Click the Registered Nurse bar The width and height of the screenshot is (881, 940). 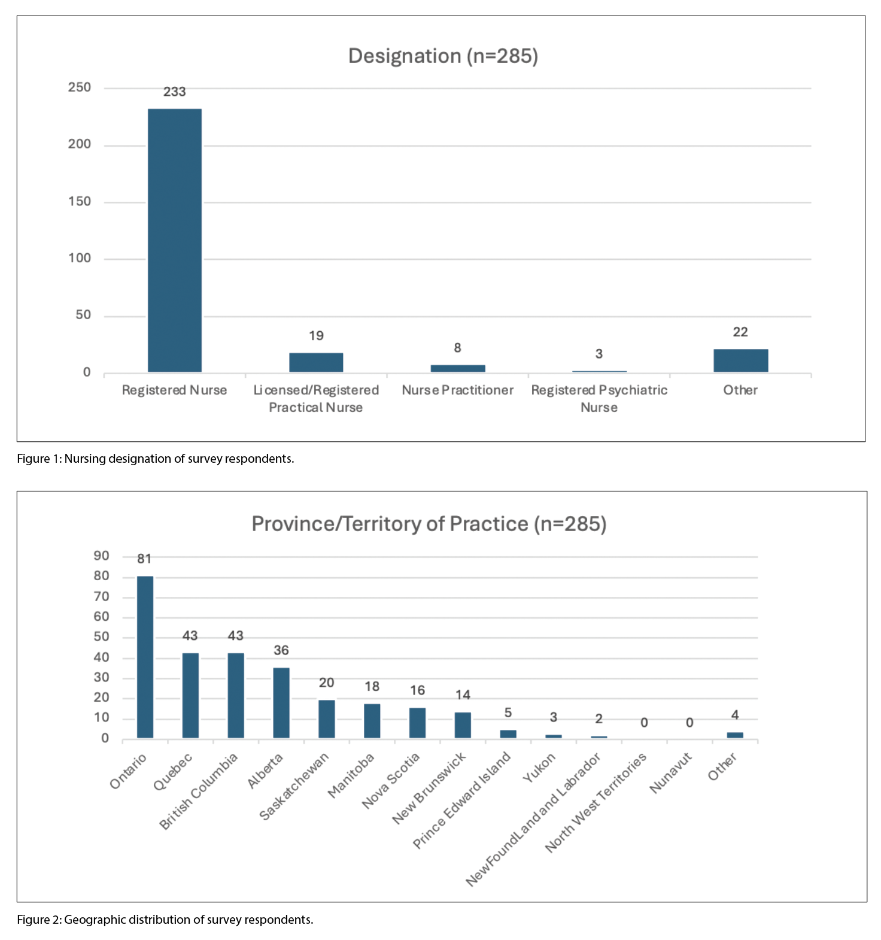174,240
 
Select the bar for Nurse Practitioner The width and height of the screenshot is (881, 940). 458,368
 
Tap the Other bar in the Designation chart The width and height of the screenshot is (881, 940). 740,360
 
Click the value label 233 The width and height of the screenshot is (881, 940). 175,92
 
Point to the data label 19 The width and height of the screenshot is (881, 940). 316,336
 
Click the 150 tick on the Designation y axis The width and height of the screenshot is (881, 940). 80,201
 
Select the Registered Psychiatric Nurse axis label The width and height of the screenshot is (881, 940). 599,398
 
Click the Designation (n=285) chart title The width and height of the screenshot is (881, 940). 443,56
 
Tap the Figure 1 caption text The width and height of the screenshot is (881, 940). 156,459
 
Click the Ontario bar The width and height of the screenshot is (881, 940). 145,657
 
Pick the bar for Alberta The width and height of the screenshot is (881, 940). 281,702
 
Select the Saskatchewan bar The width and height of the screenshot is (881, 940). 327,718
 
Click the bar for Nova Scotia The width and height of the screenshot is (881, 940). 417,723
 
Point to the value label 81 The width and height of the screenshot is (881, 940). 144,559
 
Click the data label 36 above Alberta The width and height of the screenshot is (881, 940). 281,650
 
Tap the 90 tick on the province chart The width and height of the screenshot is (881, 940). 101,556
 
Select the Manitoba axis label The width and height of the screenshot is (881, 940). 351,775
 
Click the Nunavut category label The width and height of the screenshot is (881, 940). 670,772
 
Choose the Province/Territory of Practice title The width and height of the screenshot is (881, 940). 429,524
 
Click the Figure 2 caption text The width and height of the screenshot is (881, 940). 165,920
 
